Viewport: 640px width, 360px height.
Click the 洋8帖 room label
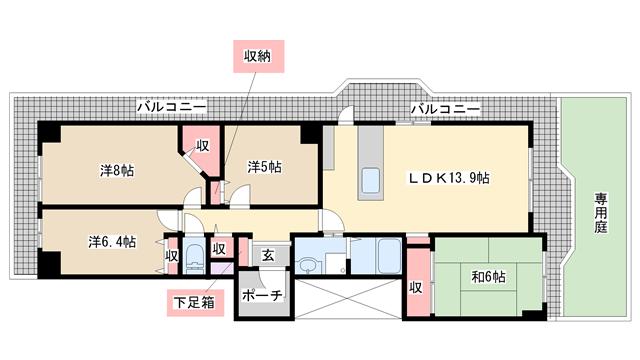pos(117,170)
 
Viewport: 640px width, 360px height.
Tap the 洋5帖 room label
pos(264,167)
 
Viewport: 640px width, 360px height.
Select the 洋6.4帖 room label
pos(112,242)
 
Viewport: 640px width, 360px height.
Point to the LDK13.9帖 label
pos(449,178)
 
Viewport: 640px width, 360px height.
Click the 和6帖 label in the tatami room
pos(488,277)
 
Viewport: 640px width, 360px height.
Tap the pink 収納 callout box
pos(258,56)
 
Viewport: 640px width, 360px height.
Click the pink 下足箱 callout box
pos(195,303)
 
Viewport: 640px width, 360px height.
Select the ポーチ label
pos(262,295)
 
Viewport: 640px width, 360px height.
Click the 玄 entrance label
pos(268,256)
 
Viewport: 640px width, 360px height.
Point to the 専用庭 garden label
pos(600,213)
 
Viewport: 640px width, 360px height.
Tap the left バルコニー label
pos(171,108)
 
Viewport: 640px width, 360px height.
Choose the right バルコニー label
pos(445,109)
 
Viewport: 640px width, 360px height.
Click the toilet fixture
pos(193,259)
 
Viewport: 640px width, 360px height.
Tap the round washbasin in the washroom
pos(306,267)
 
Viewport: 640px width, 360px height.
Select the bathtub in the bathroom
pos(389,256)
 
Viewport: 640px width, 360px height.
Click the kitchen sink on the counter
pos(371,180)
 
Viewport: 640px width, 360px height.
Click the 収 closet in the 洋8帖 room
pos(201,150)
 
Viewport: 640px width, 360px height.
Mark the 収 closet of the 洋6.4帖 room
pos(171,256)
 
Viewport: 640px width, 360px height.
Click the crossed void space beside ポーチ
pos(348,299)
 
